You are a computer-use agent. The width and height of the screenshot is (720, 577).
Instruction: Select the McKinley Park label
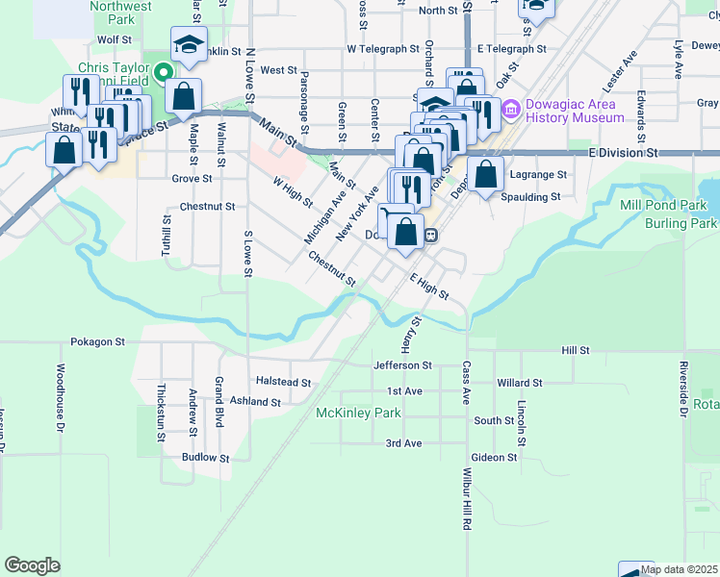click(x=358, y=414)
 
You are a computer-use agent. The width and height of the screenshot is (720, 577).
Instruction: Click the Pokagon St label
click(x=98, y=341)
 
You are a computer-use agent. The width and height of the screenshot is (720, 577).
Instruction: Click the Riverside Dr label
click(x=683, y=389)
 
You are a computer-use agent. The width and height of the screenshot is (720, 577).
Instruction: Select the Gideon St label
click(x=496, y=459)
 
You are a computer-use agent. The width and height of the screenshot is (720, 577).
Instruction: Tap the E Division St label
click(x=623, y=152)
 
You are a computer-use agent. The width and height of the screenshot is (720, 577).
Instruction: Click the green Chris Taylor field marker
click(x=163, y=70)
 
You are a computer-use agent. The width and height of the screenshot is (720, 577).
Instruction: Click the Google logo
click(x=32, y=564)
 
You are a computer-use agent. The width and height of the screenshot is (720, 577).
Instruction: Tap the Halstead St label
click(x=283, y=382)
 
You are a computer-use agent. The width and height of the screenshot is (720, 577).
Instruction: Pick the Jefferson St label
click(x=402, y=365)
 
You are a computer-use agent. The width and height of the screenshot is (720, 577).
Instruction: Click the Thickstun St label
click(x=162, y=407)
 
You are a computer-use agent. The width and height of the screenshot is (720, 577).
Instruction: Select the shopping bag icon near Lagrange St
click(x=487, y=175)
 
